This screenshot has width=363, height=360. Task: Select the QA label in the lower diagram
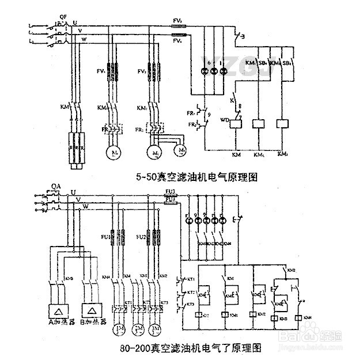56,185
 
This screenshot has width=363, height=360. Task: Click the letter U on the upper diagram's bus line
75,22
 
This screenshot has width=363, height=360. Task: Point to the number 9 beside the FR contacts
209,115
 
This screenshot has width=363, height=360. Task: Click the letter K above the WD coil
231,100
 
